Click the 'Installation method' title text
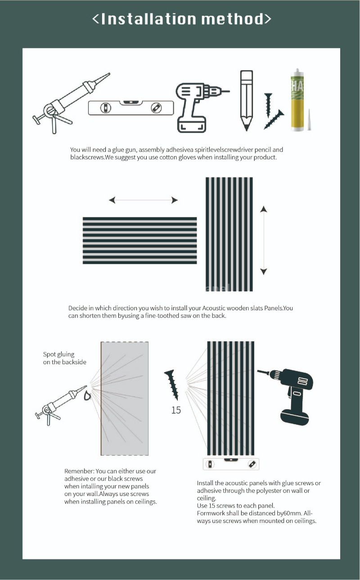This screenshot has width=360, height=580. pyautogui.click(x=182, y=19)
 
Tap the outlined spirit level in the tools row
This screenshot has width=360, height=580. pyautogui.click(x=131, y=108)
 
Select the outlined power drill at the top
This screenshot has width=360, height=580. pyautogui.click(x=198, y=106)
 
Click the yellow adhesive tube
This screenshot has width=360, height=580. pyautogui.click(x=296, y=101)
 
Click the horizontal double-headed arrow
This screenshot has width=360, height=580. pyautogui.click(x=143, y=200)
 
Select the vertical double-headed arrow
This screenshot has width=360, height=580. pyautogui.click(x=264, y=240)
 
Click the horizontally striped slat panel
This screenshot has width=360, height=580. pyautogui.click(x=139, y=241)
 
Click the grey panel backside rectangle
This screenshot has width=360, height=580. pyautogui.click(x=125, y=398)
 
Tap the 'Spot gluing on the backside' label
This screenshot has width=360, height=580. pyautogui.click(x=64, y=358)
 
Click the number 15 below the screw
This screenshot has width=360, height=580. pyautogui.click(x=176, y=410)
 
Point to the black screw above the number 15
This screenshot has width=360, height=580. pyautogui.click(x=171, y=384)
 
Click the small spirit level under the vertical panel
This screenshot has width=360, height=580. pyautogui.click(x=231, y=464)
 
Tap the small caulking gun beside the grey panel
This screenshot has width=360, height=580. pyautogui.click(x=61, y=403)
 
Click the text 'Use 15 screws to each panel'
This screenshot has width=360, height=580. pyautogui.click(x=235, y=505)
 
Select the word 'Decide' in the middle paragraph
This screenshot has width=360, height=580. pyautogui.click(x=78, y=308)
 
